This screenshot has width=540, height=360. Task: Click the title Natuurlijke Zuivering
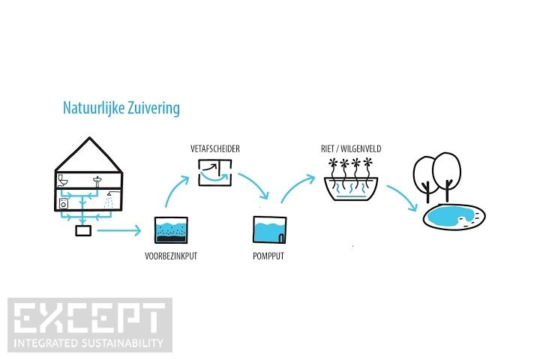121,109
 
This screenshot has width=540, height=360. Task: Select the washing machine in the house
64,202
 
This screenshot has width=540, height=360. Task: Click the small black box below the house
83,231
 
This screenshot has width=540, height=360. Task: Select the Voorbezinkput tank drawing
171,230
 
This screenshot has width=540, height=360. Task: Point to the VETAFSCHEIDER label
214,150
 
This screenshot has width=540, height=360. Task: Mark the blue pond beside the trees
452,217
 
